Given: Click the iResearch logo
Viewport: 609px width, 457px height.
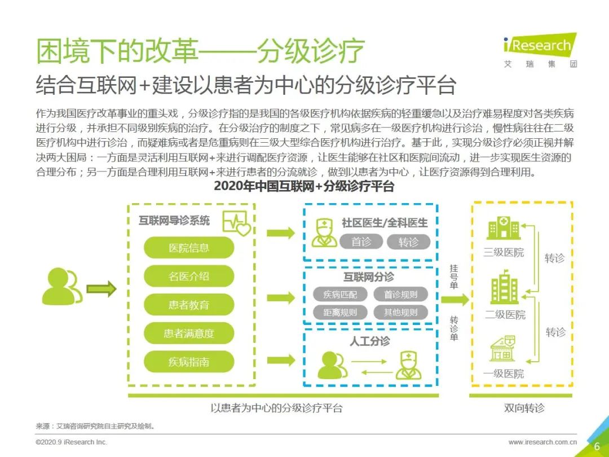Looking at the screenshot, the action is click(540, 51).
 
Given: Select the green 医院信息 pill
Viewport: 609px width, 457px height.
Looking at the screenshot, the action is click(189, 248).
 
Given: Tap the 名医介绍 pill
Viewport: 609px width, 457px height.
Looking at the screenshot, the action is click(189, 276).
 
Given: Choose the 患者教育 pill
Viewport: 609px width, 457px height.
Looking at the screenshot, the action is click(189, 305).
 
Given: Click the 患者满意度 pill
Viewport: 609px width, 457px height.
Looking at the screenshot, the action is click(189, 333).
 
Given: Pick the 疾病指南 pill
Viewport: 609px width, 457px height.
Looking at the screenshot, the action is click(189, 362).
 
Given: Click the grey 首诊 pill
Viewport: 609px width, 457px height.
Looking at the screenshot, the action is click(361, 241).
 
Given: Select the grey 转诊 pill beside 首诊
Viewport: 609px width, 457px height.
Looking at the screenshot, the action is click(409, 241).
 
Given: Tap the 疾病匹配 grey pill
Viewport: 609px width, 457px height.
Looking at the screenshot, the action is click(340, 295).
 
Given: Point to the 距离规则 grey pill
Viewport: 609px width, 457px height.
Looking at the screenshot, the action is click(340, 312).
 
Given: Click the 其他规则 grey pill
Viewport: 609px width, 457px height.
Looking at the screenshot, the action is click(401, 312).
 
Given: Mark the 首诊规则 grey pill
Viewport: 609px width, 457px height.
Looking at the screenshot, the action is click(401, 295).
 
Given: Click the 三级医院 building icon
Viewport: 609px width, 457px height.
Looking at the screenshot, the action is click(504, 227).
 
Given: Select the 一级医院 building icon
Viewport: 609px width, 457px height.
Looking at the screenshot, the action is click(502, 349).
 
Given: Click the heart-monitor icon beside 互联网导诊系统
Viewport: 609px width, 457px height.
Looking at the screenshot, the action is click(236, 223).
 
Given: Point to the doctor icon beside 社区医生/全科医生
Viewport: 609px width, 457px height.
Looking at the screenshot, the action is click(324, 232).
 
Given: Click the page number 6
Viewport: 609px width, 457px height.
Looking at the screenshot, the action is click(597, 446).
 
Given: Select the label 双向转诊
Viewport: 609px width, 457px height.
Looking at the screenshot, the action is click(524, 408).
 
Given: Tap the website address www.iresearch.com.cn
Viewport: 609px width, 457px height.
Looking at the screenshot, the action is click(542, 442).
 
